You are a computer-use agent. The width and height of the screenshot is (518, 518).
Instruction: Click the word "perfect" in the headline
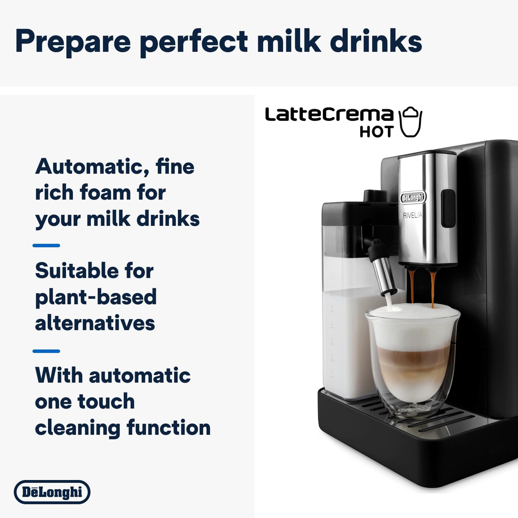pos(194,41)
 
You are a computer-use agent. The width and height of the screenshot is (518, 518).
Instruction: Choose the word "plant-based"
pos(96,297)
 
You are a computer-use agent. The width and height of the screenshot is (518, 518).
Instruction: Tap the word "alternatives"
pos(95,323)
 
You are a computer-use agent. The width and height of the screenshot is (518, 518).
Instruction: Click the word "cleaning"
pos(77,428)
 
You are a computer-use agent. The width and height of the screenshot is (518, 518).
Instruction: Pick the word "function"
pos(168,428)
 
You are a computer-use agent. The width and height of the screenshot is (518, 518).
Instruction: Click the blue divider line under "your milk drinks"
pos(46,246)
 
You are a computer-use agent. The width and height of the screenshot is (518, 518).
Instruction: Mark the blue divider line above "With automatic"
pos(46,351)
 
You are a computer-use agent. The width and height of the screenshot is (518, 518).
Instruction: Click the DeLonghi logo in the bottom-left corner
pos(52,492)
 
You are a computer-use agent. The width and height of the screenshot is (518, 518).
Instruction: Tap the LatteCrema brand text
pos(329,115)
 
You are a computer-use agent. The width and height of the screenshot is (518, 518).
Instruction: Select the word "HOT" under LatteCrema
pos(376,132)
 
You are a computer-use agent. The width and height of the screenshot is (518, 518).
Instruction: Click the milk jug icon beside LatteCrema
pos(411,122)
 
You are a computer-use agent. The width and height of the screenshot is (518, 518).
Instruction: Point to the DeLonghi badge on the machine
pos(413,198)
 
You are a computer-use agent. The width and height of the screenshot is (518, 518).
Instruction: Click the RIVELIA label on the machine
pos(413,215)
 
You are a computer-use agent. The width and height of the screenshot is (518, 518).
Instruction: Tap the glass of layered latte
pos(412,362)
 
